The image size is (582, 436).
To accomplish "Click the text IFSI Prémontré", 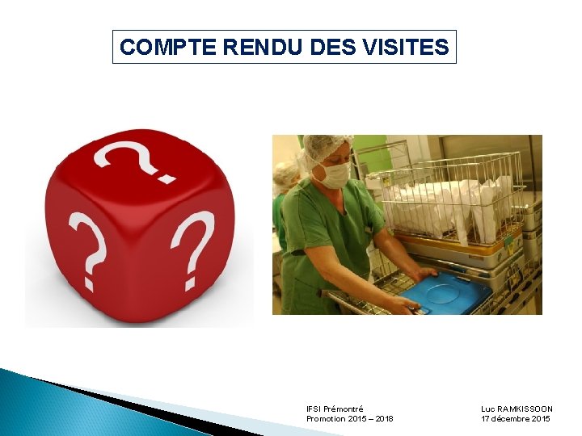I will pos(335,409).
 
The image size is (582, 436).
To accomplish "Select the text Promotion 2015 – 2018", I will pos(350,419).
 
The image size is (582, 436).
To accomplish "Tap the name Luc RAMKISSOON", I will pos(517,409).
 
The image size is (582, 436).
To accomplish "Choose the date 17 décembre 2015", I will pos(516,419).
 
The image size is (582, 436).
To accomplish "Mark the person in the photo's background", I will pos(284,194).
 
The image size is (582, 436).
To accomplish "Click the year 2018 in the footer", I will pos(385,419).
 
